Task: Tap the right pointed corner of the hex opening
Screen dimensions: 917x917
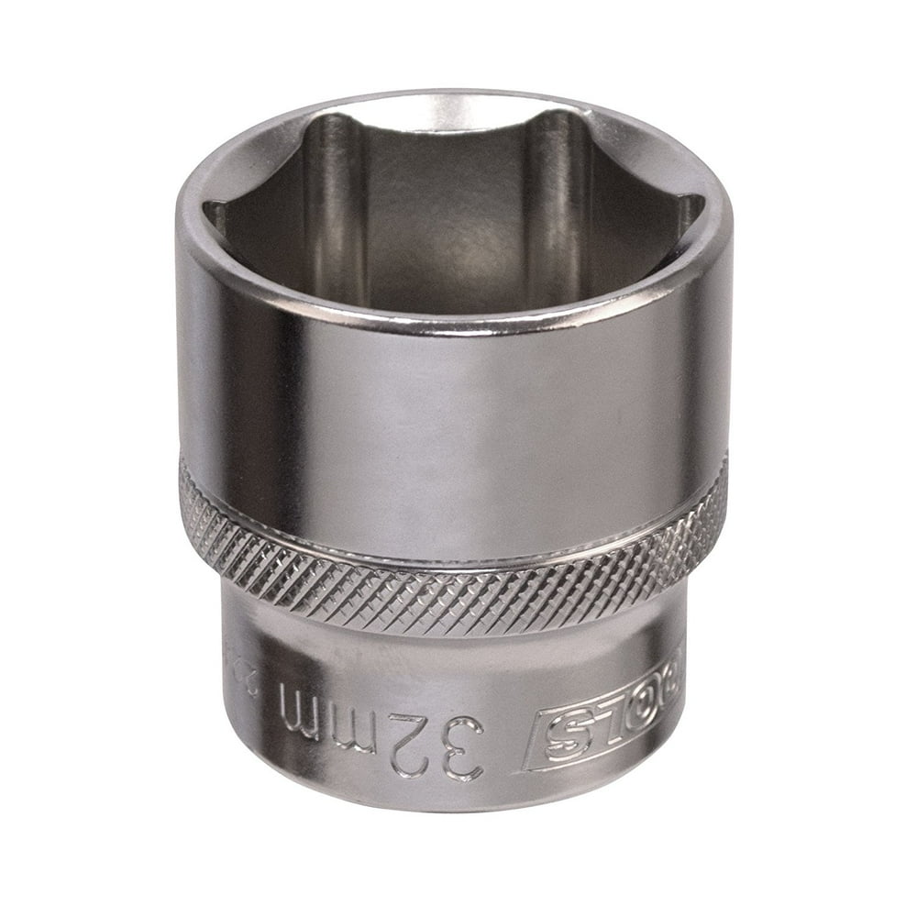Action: click(701, 204)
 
